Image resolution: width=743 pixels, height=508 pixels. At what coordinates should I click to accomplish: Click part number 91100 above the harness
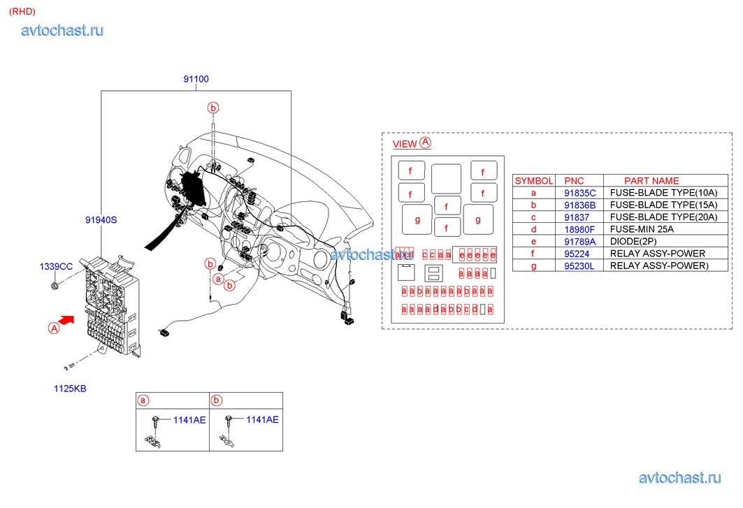196,80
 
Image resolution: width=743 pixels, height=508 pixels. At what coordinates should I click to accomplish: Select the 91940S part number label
101,219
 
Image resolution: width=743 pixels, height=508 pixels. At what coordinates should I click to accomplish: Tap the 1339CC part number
56,266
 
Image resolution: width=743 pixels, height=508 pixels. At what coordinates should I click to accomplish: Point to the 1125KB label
71,389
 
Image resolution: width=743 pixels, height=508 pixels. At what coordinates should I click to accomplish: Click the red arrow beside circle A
66,320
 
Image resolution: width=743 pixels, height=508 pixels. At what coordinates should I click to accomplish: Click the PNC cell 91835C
579,193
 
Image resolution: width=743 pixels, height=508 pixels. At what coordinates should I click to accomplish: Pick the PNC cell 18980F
579,229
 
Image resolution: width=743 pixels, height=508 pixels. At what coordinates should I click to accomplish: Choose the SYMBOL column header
534,180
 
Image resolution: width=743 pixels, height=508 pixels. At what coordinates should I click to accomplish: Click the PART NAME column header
651,180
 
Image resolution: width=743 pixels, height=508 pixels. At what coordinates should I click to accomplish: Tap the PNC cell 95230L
579,266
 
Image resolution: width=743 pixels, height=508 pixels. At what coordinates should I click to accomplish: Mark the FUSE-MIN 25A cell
642,229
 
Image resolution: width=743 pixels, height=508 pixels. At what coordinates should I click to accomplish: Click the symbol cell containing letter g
534,266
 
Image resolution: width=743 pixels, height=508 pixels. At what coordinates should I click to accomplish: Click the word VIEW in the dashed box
404,144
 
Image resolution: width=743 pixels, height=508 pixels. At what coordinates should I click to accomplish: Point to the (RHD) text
22,11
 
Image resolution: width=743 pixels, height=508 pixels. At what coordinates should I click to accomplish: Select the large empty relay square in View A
446,179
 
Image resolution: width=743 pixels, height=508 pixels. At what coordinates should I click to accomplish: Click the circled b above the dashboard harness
212,108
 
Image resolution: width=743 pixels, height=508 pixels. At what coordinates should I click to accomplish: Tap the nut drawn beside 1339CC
55,285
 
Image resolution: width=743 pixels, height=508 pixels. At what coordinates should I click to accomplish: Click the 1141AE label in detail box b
262,419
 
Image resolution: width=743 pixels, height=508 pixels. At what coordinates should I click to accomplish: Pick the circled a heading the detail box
143,400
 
